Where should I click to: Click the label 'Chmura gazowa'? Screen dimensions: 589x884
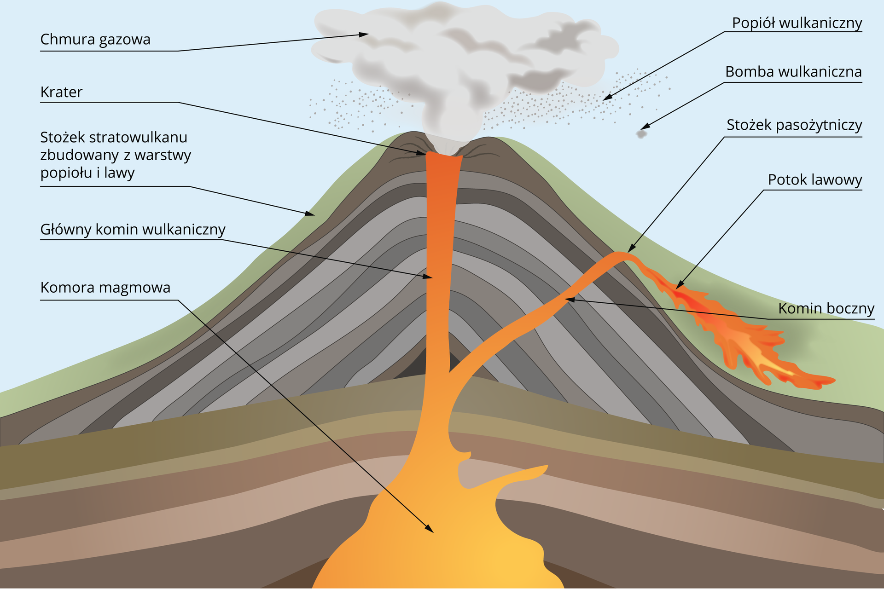point(95,40)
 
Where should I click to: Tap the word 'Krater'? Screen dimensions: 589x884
point(61,92)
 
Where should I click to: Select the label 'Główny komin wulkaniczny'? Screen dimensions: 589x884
point(133,229)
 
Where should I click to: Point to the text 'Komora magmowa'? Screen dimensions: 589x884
point(105,288)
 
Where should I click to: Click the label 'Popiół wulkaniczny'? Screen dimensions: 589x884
point(797,23)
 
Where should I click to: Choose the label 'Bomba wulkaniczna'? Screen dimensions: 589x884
point(793,72)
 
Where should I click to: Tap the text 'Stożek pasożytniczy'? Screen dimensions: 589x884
point(794,125)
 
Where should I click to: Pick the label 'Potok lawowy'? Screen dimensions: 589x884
point(814,180)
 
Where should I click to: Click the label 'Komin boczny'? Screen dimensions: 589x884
point(826,308)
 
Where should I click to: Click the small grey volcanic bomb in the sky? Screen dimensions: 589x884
point(640,134)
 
